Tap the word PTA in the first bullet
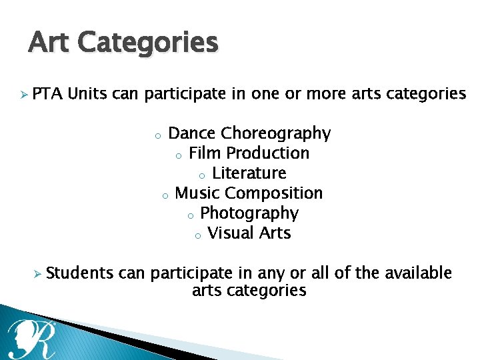click(x=47, y=94)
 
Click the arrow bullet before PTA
click(x=23, y=95)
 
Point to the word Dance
click(x=192, y=133)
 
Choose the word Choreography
click(x=275, y=133)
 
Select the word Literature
click(x=249, y=173)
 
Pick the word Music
click(x=197, y=193)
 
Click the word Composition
click(x=273, y=193)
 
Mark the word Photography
click(x=249, y=213)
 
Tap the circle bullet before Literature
click(x=202, y=176)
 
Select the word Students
click(x=80, y=273)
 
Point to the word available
click(x=414, y=273)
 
